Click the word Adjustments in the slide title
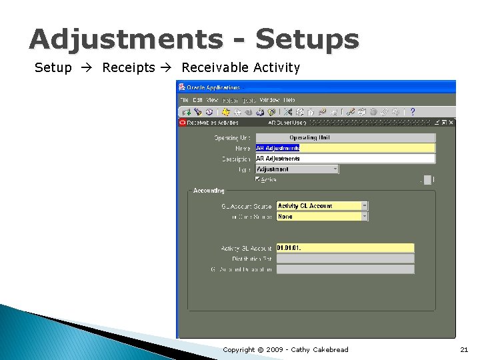pyautogui.click(x=125, y=39)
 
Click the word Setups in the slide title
pyautogui.click(x=307, y=41)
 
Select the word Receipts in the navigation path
pyautogui.click(x=128, y=68)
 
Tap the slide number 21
pyautogui.click(x=464, y=349)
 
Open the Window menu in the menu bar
pyautogui.click(x=269, y=100)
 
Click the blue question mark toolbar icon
pyautogui.click(x=413, y=112)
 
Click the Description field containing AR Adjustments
pyautogui.click(x=345, y=159)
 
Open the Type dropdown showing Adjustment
pyautogui.click(x=335, y=169)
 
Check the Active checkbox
pyautogui.click(x=258, y=179)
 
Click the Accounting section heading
pyautogui.click(x=209, y=191)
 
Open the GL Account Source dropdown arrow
pyautogui.click(x=365, y=206)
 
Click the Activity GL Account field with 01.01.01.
pyautogui.click(x=345, y=248)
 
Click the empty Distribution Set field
pyautogui.click(x=345, y=259)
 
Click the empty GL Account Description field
pyautogui.click(x=345, y=269)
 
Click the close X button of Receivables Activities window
pyautogui.click(x=451, y=123)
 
